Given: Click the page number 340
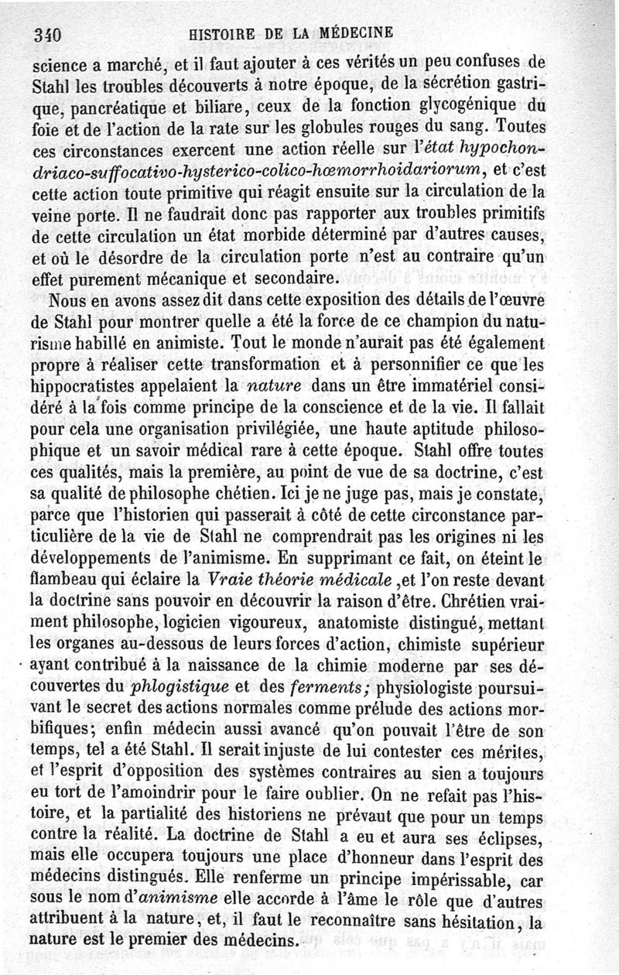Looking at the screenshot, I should pos(47,34).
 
